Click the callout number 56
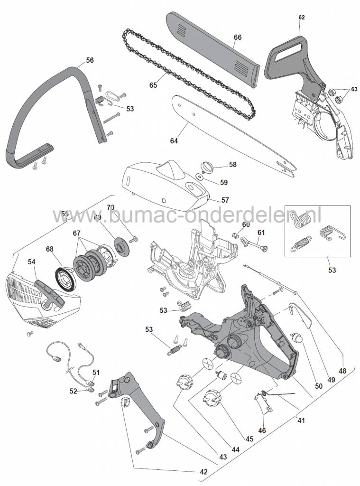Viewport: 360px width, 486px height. (x=89, y=60)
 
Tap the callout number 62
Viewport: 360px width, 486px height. (x=301, y=18)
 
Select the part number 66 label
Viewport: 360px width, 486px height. (x=238, y=37)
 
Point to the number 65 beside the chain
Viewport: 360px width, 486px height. (x=153, y=85)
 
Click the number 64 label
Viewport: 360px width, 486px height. (x=174, y=140)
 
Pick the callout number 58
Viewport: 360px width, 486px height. (x=232, y=165)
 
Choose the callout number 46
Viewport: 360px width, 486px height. (x=262, y=430)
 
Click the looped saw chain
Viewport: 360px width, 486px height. (x=190, y=71)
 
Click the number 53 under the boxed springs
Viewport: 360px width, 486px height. (x=332, y=270)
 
